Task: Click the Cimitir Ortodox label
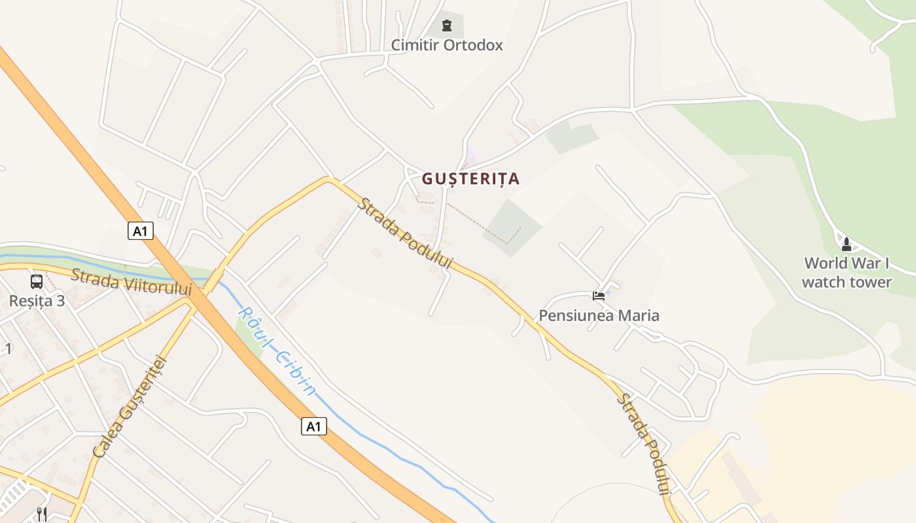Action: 447,45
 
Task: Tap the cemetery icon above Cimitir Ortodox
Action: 447,25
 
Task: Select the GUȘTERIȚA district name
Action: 470,178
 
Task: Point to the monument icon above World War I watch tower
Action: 847,245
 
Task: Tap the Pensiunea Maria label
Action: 599,316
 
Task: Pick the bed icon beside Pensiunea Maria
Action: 599,296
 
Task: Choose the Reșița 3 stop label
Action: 37,301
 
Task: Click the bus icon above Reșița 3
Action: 37,282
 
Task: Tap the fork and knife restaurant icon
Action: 42,514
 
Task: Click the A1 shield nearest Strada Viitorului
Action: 141,231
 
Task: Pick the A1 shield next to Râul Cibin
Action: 314,426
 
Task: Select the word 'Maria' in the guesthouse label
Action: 639,316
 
